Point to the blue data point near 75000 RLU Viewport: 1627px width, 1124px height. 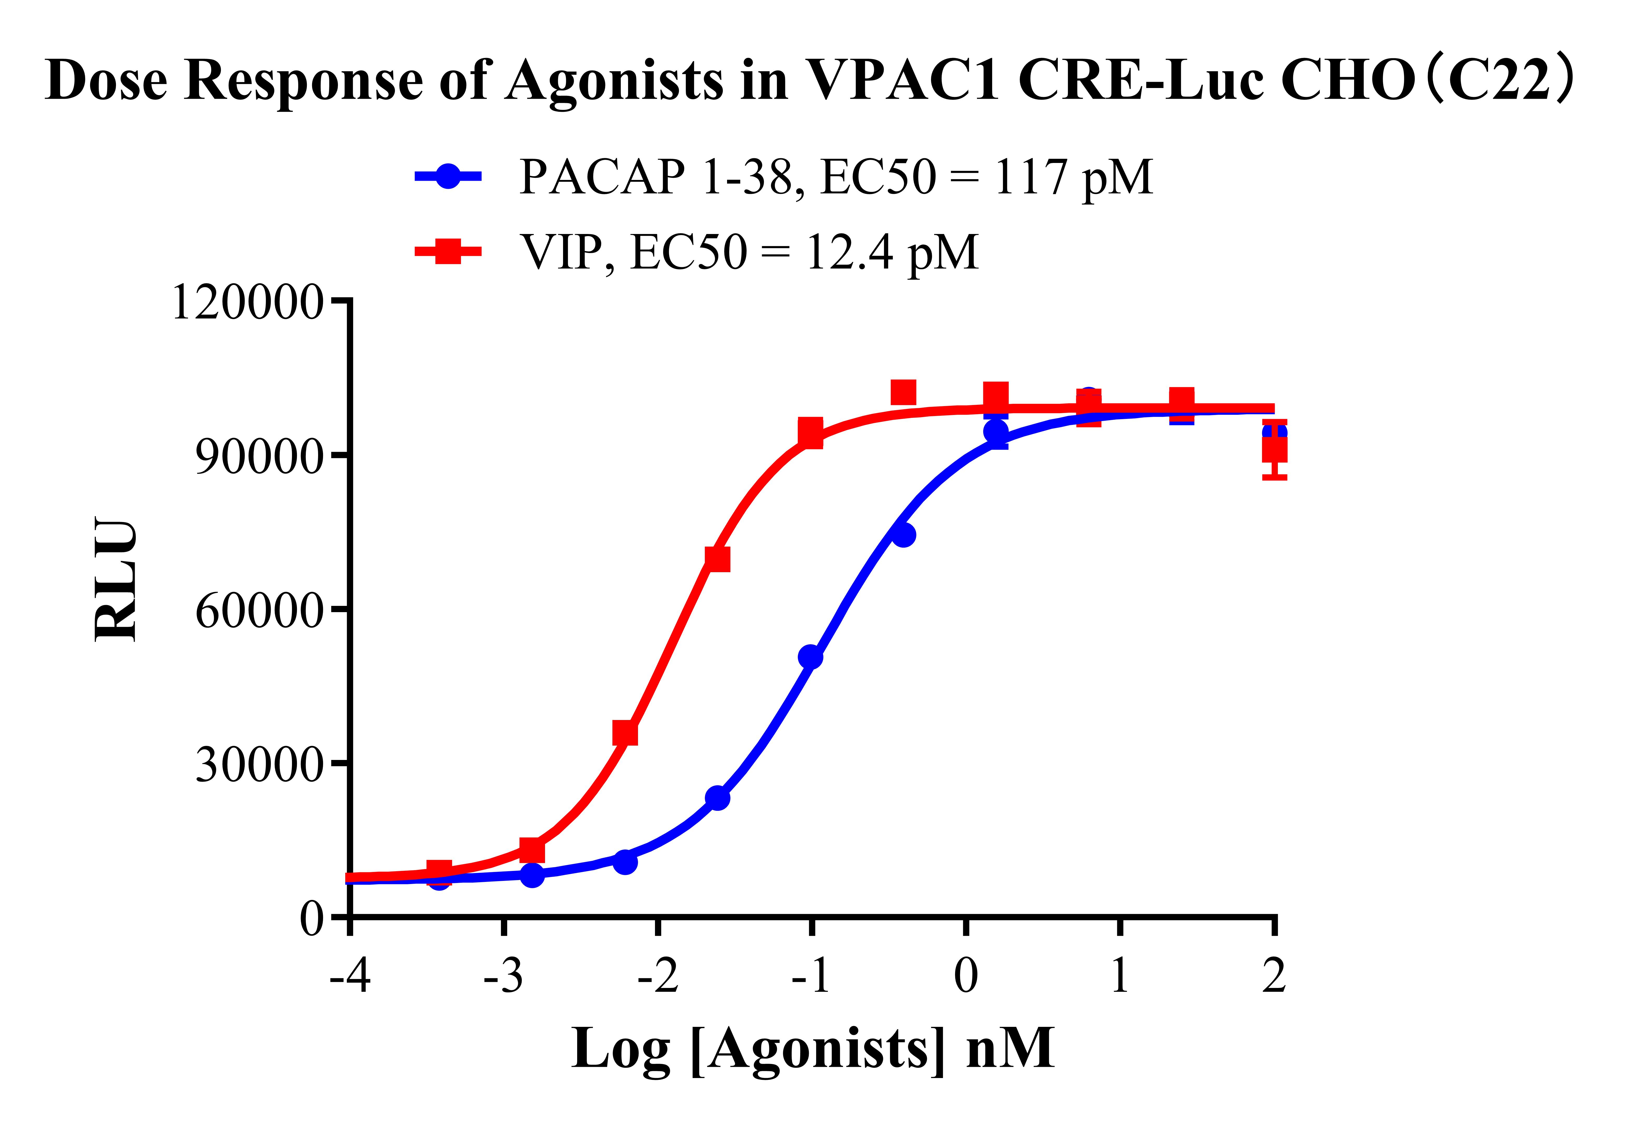pos(904,535)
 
